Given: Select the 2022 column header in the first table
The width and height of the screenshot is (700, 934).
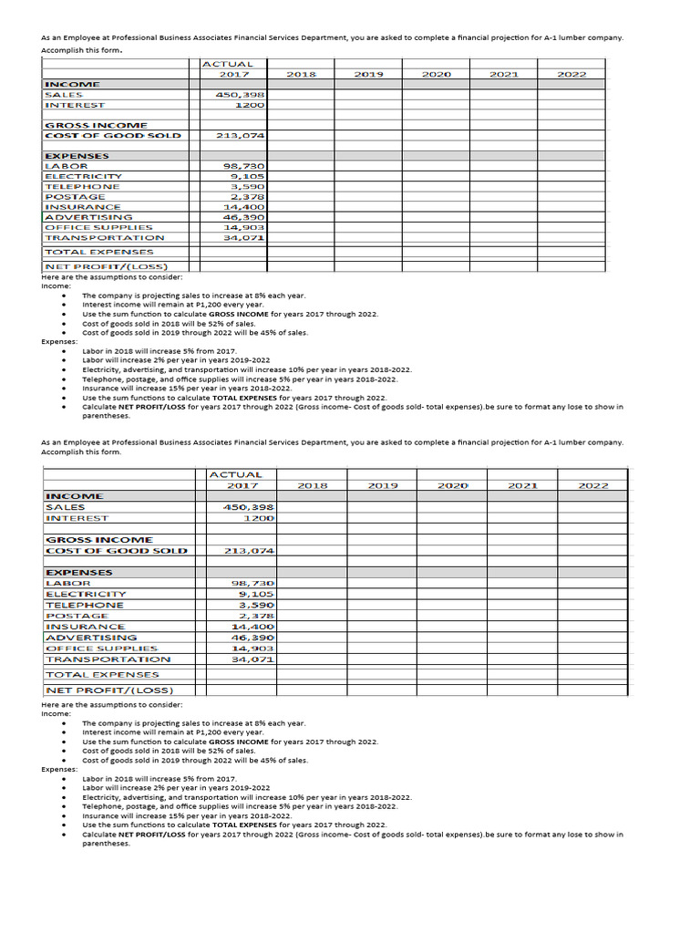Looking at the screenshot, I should point(571,74).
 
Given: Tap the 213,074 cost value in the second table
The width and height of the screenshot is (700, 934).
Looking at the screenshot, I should point(249,550).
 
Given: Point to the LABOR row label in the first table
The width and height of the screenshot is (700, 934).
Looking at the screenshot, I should point(67,166).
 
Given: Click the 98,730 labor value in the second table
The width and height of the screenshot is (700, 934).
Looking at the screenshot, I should point(253,583).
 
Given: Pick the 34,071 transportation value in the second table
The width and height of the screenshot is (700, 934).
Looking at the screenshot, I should point(253,659).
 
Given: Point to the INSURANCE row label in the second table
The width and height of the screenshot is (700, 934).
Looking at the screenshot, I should point(86,627).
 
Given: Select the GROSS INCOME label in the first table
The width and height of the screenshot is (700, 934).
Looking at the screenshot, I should point(96,125).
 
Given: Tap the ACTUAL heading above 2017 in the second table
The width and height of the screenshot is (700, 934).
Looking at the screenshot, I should point(235,474).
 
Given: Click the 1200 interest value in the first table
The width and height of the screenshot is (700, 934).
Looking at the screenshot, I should point(249,105).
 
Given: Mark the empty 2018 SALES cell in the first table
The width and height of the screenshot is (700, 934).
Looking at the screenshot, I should point(301,94).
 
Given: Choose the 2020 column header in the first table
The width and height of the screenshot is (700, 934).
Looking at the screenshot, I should point(437,74).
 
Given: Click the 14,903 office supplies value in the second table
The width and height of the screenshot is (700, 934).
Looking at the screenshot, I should point(253,648).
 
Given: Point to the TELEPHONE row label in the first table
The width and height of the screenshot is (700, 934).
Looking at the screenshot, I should point(82,186).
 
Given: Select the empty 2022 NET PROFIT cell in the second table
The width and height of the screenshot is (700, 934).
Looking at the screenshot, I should point(592,690).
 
